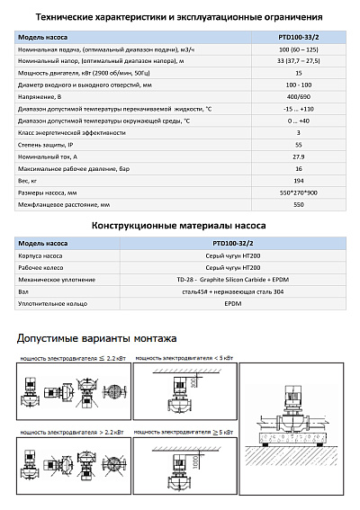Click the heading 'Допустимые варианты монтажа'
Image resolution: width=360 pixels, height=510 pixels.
pos(96,338)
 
